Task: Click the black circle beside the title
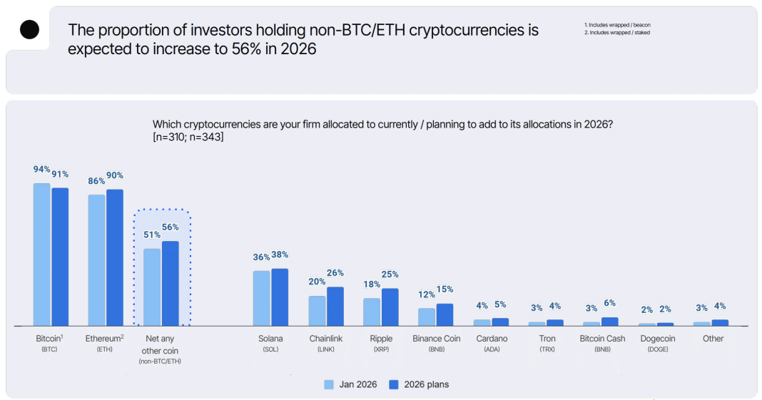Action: (x=30, y=29)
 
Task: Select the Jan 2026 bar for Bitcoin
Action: (x=42, y=254)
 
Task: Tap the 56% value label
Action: (x=171, y=227)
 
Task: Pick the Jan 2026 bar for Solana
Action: (x=262, y=297)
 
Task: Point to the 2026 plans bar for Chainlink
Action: (x=335, y=306)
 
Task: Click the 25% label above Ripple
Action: (x=390, y=275)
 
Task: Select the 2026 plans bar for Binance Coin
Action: (x=444, y=314)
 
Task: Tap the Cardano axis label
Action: (x=492, y=339)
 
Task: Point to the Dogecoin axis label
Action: (x=657, y=339)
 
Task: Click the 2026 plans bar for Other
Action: (x=720, y=322)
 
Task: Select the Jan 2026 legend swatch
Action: (x=329, y=384)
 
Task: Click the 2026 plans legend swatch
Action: (x=393, y=384)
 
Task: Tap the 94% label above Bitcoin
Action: (x=41, y=170)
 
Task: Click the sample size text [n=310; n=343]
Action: (x=188, y=137)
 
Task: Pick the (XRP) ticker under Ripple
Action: (x=381, y=349)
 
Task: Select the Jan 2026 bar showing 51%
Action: (x=152, y=287)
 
